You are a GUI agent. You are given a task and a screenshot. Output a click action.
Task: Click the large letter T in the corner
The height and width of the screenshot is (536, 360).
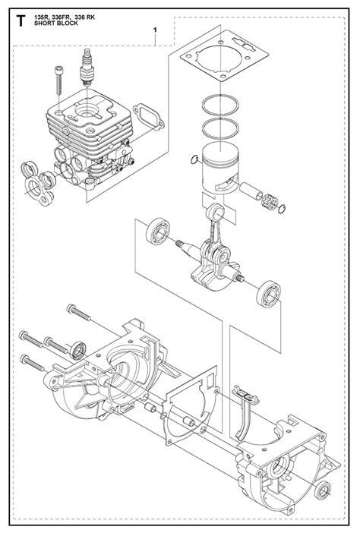(x=21, y=20)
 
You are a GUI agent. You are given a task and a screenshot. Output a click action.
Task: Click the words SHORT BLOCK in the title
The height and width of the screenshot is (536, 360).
(x=55, y=24)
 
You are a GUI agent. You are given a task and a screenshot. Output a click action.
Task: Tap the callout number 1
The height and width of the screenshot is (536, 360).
(x=155, y=30)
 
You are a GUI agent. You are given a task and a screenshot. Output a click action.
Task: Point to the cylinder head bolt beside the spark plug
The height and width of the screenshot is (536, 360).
(x=58, y=80)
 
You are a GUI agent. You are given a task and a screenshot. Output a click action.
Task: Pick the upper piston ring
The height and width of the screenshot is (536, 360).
(x=220, y=105)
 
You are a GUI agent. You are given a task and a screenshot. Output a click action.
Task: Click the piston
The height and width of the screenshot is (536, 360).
(x=220, y=169)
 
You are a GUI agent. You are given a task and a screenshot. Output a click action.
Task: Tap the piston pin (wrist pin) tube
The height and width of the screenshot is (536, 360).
(x=251, y=192)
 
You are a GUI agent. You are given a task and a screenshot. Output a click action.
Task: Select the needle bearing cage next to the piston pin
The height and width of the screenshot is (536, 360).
(x=269, y=203)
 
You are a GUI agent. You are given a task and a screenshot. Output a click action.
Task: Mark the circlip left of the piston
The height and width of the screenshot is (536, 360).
(x=194, y=159)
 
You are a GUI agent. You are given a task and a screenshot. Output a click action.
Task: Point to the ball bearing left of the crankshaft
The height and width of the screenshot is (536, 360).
(x=158, y=231)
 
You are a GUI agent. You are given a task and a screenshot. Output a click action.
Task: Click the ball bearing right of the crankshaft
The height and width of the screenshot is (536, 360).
(x=269, y=293)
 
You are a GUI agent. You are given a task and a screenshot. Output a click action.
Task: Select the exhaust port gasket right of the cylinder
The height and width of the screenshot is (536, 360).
(x=148, y=117)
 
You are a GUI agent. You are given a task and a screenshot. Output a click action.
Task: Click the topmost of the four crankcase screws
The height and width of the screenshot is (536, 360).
(x=78, y=312)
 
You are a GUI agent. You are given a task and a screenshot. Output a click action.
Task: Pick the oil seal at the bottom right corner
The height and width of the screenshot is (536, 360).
(x=323, y=491)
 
